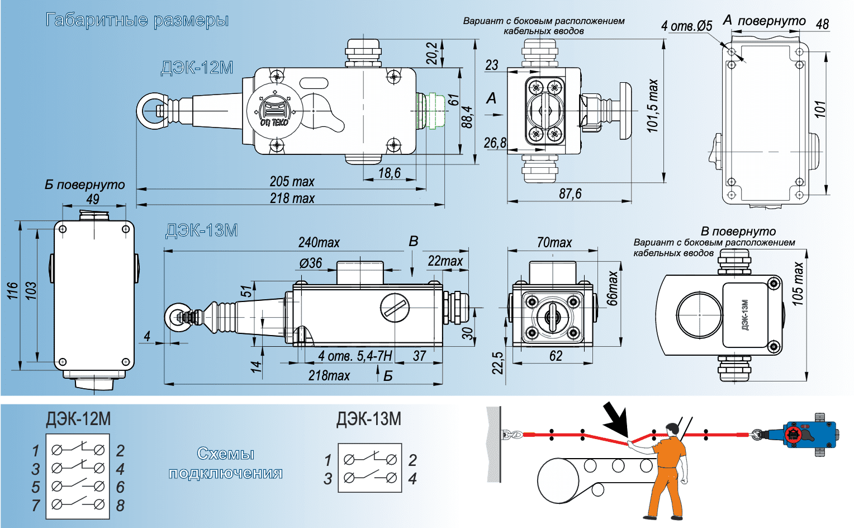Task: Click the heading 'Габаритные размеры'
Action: (x=137, y=21)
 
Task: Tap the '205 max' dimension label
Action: (x=292, y=182)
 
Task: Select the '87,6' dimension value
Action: (x=570, y=194)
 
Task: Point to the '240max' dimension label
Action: (x=319, y=243)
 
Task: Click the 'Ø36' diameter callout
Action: (x=311, y=263)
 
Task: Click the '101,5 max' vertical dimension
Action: (x=653, y=106)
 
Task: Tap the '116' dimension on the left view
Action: (x=13, y=291)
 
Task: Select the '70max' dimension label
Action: (x=554, y=243)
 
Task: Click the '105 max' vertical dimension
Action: (x=798, y=284)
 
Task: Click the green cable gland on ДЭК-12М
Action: (x=433, y=110)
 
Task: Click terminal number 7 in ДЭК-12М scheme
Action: (x=36, y=505)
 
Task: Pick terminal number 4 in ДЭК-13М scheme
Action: (x=412, y=479)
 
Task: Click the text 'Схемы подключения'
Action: (x=225, y=464)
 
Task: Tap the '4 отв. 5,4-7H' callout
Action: (x=355, y=356)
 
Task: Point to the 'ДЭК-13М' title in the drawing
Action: (x=201, y=230)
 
